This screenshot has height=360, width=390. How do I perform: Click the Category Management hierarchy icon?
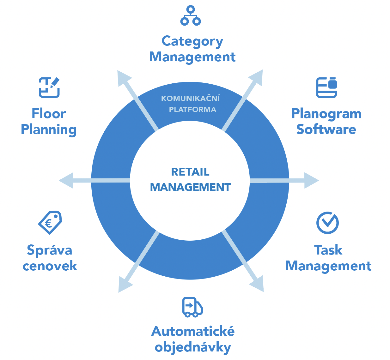click(x=191, y=16)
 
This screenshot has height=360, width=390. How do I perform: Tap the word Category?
click(x=192, y=41)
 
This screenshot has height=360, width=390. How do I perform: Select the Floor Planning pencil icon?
click(x=49, y=87)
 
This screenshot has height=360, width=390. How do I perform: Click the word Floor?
click(x=49, y=114)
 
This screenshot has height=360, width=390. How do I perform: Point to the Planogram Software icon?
click(x=326, y=87)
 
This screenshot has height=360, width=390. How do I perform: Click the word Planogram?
click(x=326, y=114)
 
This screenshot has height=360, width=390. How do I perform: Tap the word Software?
click(x=326, y=129)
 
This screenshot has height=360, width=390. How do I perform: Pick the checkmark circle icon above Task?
click(x=327, y=223)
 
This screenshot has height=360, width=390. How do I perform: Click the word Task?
click(x=328, y=250)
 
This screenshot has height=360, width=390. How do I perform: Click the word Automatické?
click(x=193, y=331)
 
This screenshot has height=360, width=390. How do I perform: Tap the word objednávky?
click(x=193, y=347)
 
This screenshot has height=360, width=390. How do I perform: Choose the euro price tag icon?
click(x=50, y=223)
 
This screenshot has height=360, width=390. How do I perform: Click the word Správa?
click(x=50, y=250)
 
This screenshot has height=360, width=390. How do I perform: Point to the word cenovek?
click(x=50, y=266)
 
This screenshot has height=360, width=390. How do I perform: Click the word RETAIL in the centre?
click(x=190, y=172)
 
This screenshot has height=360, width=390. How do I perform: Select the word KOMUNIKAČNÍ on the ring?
click(x=190, y=99)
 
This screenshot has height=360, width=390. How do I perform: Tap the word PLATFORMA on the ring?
click(x=192, y=110)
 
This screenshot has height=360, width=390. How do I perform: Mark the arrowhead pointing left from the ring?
click(x=66, y=181)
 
